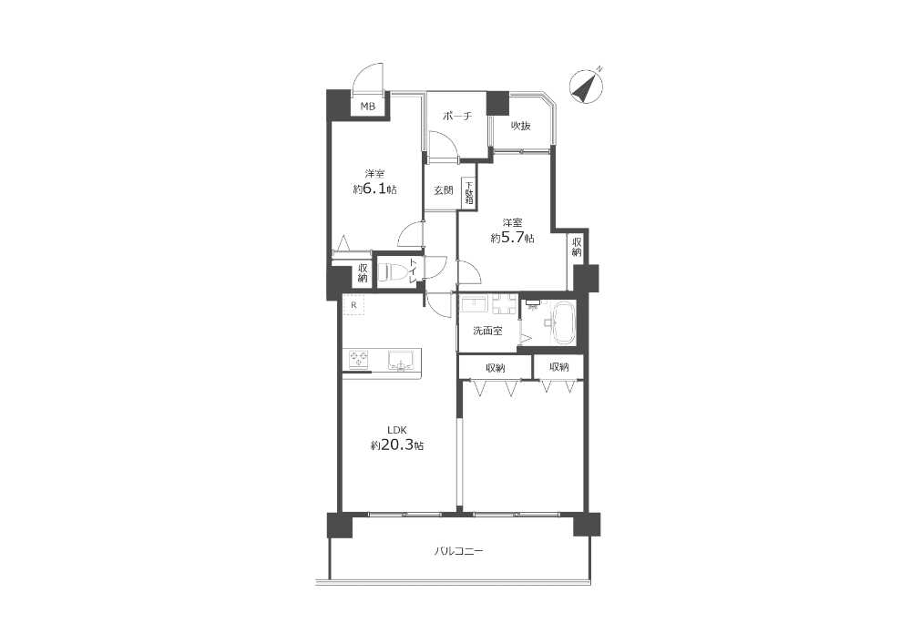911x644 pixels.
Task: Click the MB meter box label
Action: pos(368,107)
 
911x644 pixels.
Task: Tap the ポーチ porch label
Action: pos(457,117)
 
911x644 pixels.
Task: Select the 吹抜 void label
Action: pos(521,126)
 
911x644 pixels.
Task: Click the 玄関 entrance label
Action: pos(444,189)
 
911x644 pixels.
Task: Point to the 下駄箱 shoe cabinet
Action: pos(469,193)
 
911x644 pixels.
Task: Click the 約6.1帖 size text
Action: pos(374,189)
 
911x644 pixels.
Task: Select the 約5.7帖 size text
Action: pos(512,238)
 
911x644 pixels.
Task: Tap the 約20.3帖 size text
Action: pos(397,445)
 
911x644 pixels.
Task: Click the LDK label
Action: pos(397,430)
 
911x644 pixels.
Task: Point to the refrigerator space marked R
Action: pos(353,305)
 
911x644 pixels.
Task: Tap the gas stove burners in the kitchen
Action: pos(358,359)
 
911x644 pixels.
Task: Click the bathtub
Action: pos(562,324)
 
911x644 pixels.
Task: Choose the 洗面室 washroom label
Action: pos(487,332)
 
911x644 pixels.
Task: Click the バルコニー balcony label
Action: pos(459,551)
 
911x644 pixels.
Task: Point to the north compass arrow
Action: pos(586,86)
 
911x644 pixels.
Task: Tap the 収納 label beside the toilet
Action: pos(363,273)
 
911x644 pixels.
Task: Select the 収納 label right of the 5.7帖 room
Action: pos(577,247)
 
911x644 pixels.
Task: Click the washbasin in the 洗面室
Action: pos(475,304)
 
